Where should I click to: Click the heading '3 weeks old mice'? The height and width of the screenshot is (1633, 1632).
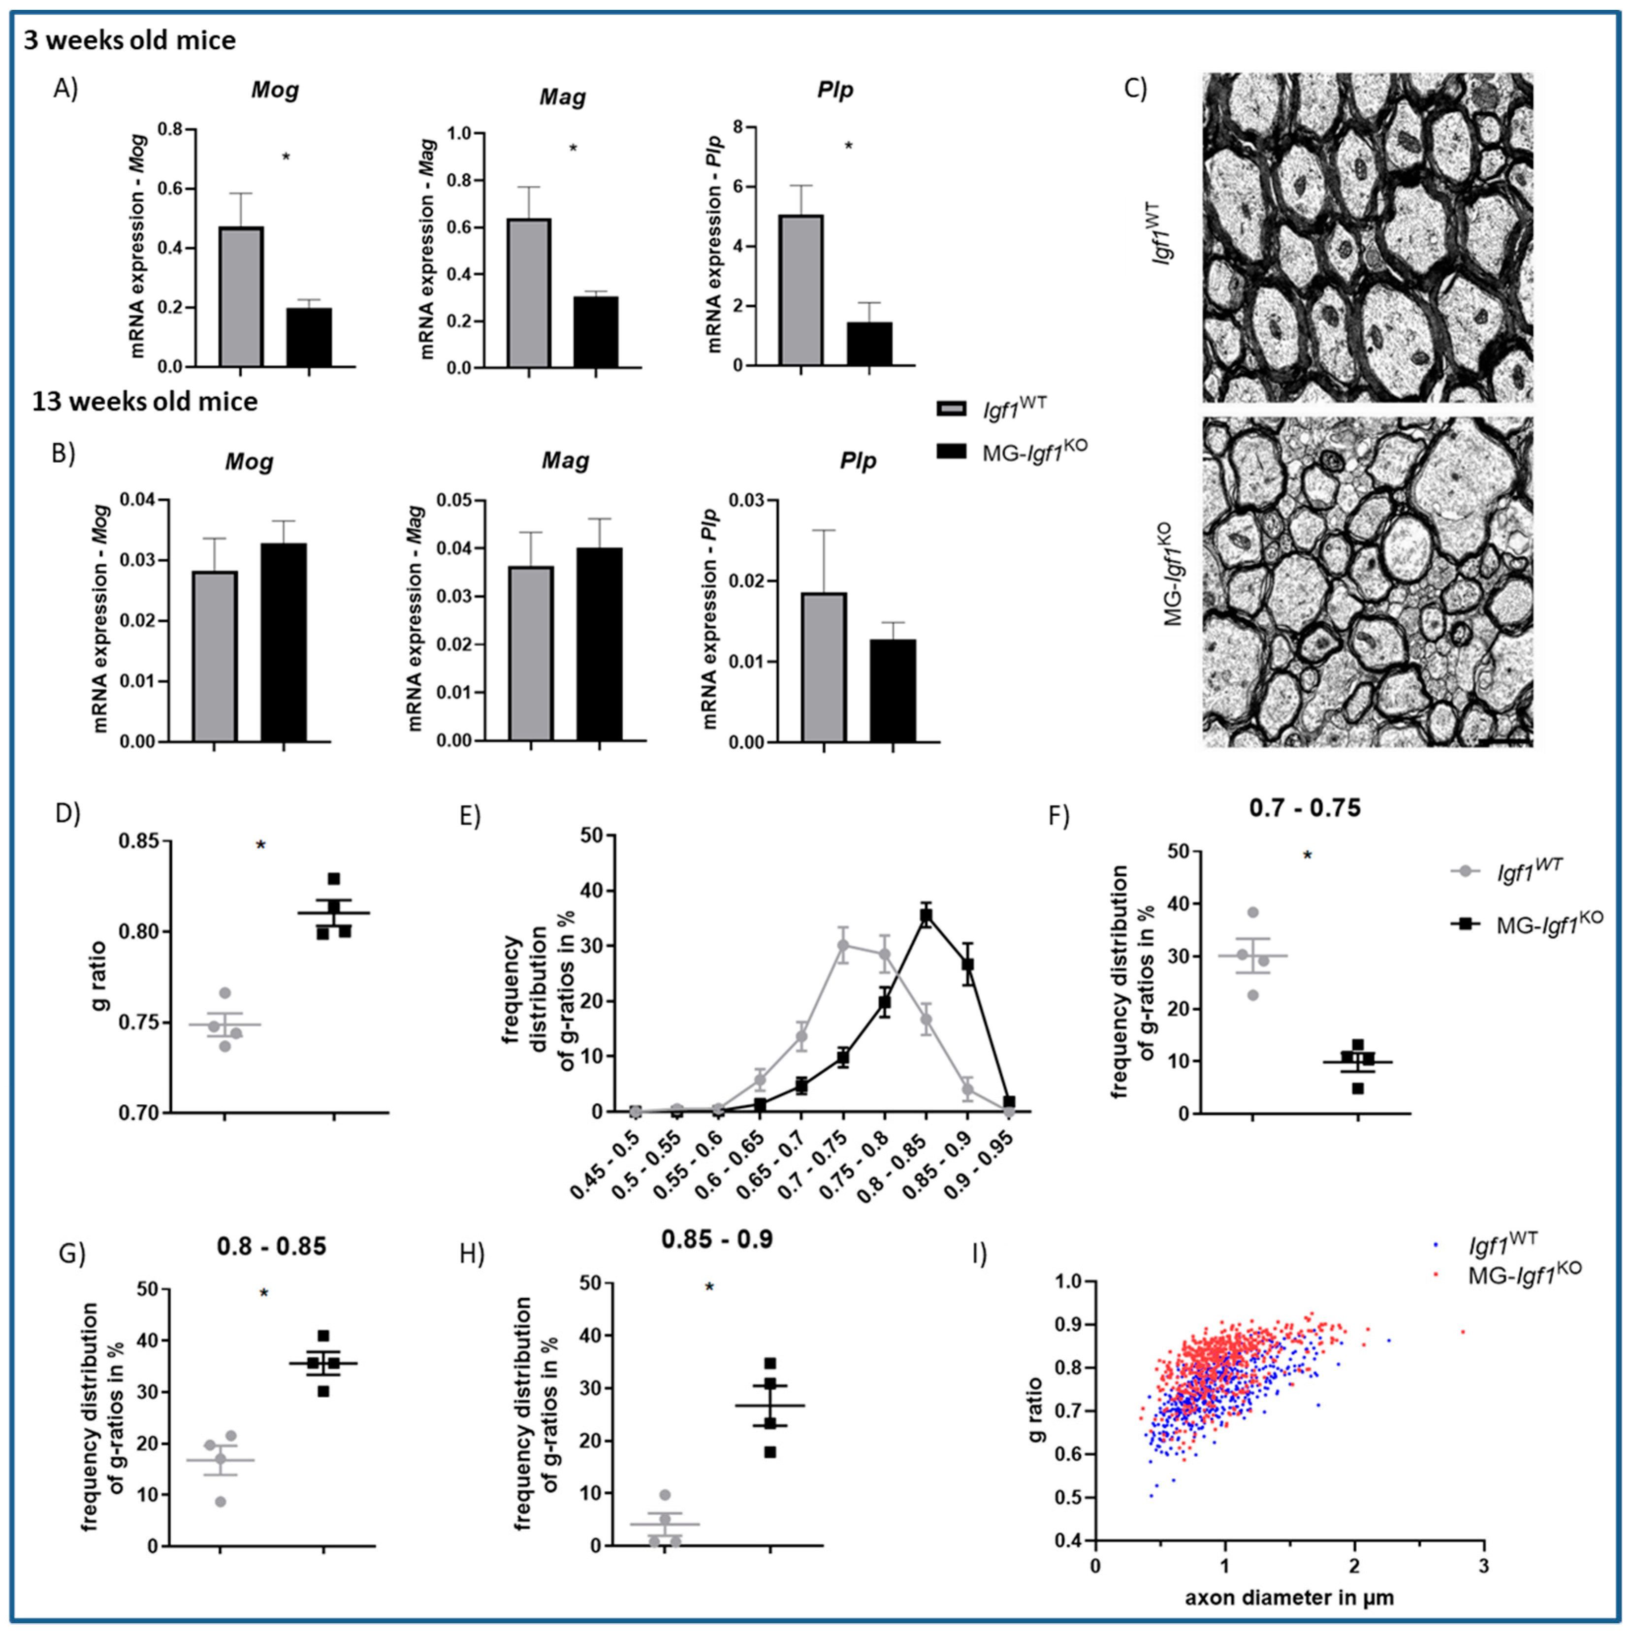tap(129, 40)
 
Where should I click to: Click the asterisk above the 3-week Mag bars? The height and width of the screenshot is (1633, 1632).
tap(573, 149)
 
